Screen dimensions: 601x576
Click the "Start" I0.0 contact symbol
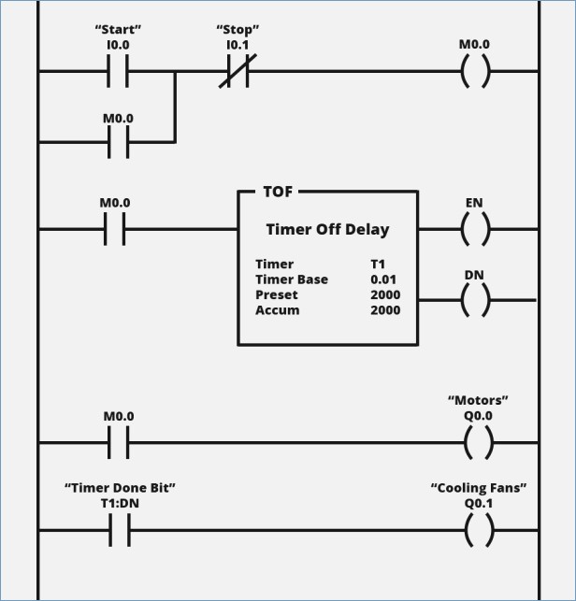tap(118, 71)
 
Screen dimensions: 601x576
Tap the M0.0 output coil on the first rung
tap(474, 71)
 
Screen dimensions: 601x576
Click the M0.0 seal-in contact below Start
tap(118, 142)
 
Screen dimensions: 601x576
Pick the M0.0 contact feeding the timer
tap(114, 229)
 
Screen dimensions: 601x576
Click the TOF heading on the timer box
tap(278, 191)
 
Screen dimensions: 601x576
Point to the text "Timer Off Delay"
tap(327, 229)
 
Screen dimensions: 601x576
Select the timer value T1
tap(378, 265)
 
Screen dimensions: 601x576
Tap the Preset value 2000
tap(384, 294)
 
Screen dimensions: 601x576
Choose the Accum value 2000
tap(384, 309)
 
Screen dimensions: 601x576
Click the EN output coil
tap(474, 229)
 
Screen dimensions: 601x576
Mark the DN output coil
tap(474, 300)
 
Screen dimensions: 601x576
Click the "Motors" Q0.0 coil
tap(478, 443)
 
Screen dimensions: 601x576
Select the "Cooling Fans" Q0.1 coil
tap(478, 531)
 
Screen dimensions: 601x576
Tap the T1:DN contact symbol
tap(118, 531)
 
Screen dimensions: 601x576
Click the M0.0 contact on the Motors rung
tap(118, 443)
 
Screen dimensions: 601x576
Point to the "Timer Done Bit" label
tap(120, 487)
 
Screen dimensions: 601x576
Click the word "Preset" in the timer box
tap(276, 294)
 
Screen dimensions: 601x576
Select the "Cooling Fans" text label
tap(478, 487)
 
